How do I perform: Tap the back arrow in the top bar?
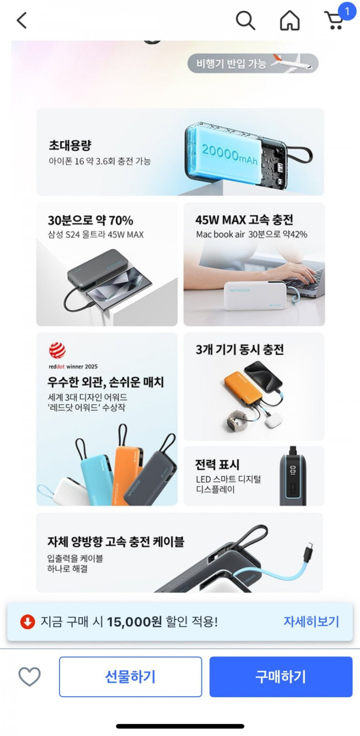coord(22,20)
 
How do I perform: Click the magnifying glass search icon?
coord(245,20)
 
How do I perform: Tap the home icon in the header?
coord(289,20)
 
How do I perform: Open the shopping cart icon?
coord(334,20)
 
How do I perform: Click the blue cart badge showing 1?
coord(347,12)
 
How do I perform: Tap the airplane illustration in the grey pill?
coord(292,63)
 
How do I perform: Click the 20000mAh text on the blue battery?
coord(229,154)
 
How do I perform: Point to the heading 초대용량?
coord(70,145)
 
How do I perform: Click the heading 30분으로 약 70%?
coord(91,220)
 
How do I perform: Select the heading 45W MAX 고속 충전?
coord(244,220)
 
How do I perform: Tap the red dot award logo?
coord(57,350)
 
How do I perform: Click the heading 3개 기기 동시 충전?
coord(240,349)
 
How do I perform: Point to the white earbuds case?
coord(274,421)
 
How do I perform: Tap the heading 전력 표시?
coord(217,464)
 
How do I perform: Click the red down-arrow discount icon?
coord(28,622)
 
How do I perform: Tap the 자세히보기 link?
coord(311,622)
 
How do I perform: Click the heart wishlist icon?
coord(30,677)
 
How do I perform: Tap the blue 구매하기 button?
coord(281,676)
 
